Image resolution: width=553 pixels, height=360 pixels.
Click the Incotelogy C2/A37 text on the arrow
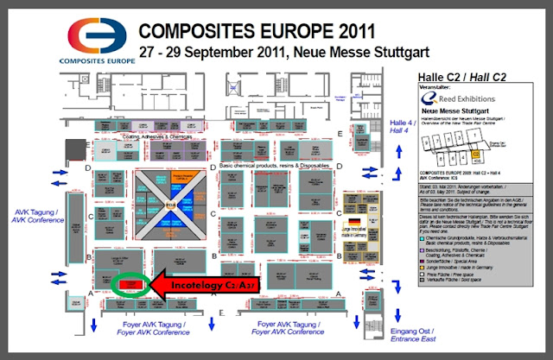(206, 282)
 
